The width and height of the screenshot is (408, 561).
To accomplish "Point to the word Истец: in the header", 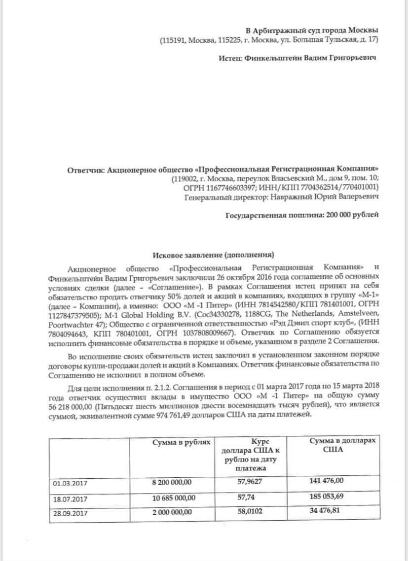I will click(x=229, y=58).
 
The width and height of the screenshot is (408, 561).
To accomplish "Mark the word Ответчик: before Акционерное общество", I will click(x=85, y=168).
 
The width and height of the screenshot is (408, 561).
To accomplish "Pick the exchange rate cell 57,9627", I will click(x=251, y=482).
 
